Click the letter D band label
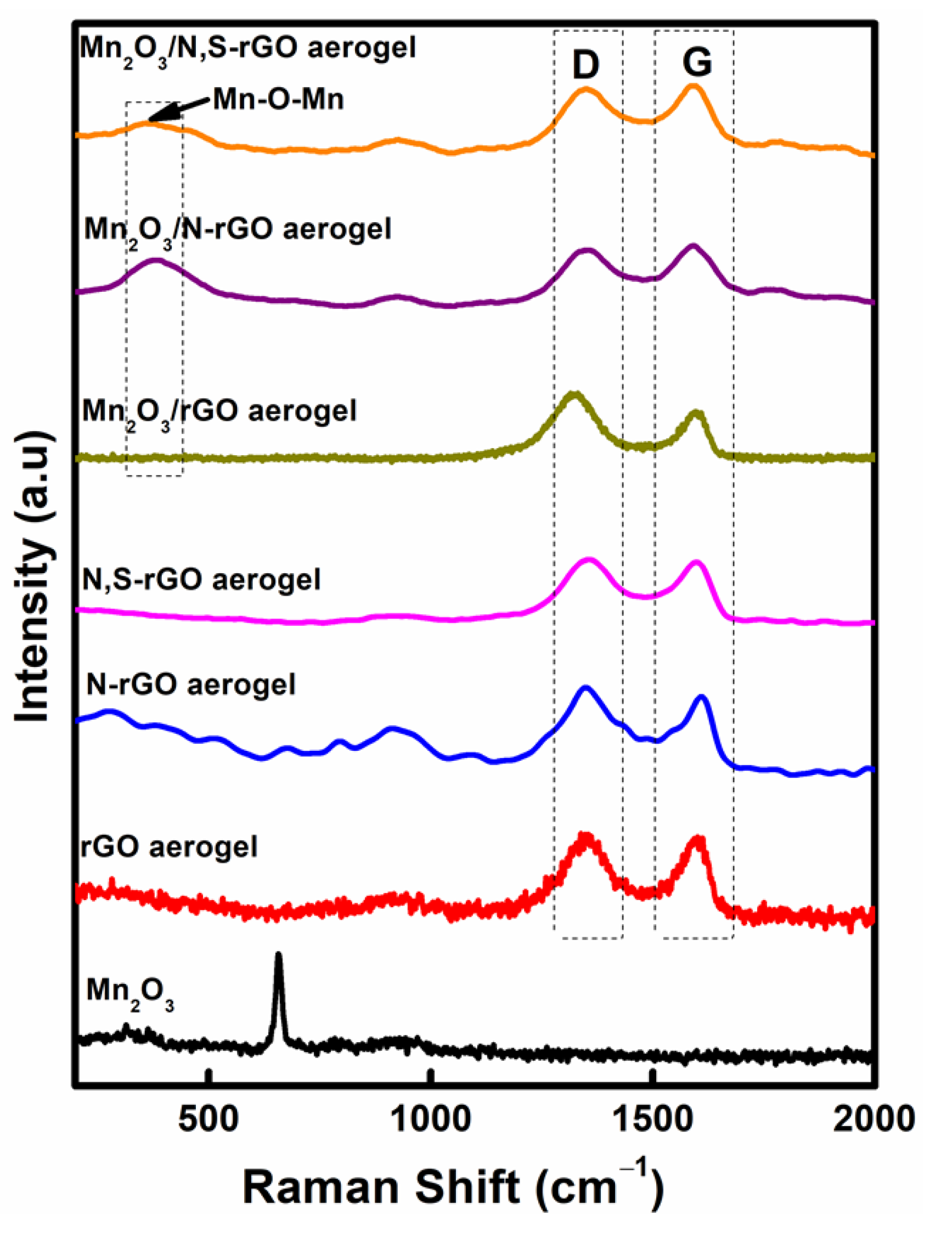pos(585,65)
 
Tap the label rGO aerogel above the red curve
pos(170,847)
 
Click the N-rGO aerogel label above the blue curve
pos(191,684)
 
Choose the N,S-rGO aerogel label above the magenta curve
pos(201,580)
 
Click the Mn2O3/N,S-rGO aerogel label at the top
pos(247,49)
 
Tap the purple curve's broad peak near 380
pos(156,261)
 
